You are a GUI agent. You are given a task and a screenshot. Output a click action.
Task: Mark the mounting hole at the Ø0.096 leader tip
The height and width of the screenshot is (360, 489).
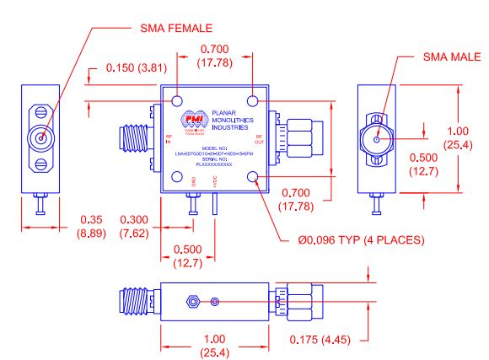point(255,178)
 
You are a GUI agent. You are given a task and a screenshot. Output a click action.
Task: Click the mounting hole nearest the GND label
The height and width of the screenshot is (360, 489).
point(179,178)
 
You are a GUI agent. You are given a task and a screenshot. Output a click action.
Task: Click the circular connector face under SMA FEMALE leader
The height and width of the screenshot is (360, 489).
point(37,138)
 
